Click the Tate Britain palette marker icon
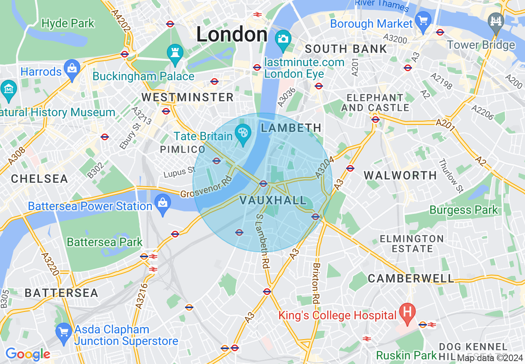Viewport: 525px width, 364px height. (242, 133)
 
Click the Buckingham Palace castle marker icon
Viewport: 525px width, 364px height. (175, 53)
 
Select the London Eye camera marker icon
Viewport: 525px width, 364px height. (283, 39)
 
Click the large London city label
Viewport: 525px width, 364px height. (231, 34)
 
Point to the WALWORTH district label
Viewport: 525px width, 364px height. (400, 175)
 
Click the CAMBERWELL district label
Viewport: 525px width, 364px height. (411, 278)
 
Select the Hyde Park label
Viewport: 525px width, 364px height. (68, 23)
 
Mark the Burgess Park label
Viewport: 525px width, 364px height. (464, 210)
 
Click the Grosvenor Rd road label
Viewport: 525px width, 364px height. (206, 187)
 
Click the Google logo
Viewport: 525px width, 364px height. (28, 354)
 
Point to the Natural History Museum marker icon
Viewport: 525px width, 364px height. (8, 89)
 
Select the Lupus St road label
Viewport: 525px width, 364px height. (179, 171)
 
